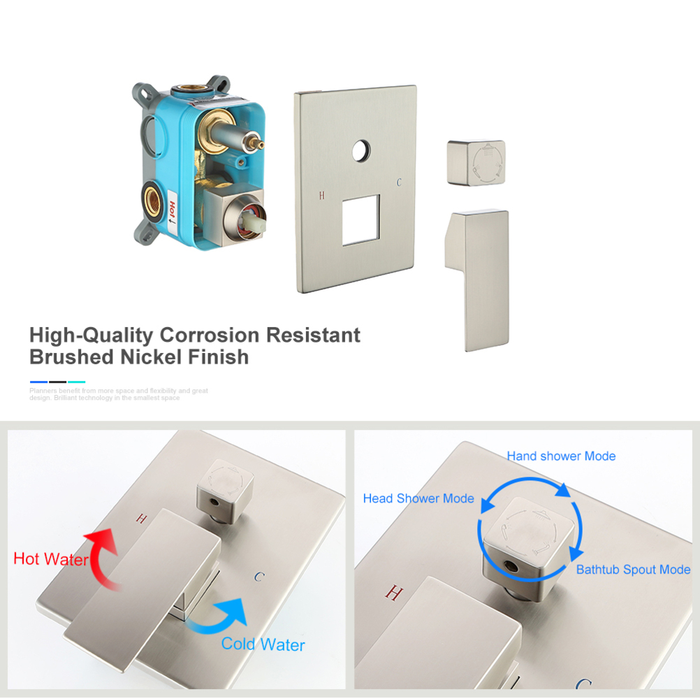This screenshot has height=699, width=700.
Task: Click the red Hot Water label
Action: click(51, 559)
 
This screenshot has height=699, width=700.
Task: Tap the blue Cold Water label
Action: click(263, 644)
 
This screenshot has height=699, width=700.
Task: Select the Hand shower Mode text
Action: click(561, 456)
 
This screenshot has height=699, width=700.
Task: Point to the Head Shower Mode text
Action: click(418, 498)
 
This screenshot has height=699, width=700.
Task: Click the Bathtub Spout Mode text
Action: click(633, 570)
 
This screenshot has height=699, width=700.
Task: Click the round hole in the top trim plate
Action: click(361, 151)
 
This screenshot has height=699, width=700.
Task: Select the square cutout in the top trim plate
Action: click(361, 219)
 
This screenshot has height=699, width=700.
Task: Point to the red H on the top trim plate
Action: click(322, 195)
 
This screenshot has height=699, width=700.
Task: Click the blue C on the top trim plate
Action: click(399, 182)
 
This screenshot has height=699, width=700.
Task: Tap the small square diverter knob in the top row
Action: click(476, 163)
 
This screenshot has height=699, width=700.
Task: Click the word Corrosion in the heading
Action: click(210, 335)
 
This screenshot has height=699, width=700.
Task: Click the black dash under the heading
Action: click(57, 382)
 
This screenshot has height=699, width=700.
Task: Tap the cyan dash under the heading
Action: click(76, 382)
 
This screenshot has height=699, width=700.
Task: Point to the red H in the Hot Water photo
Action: click(142, 519)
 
